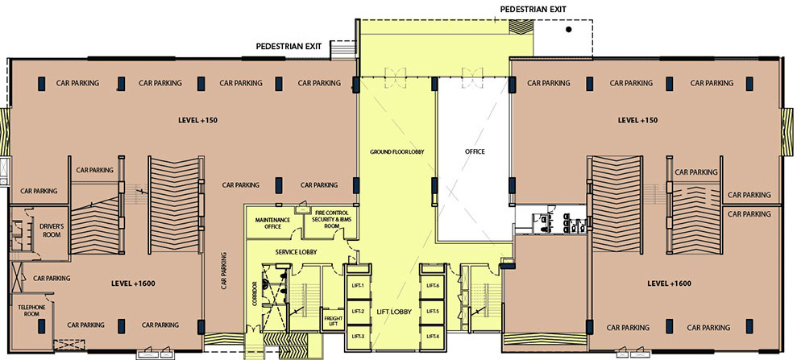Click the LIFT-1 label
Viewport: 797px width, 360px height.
pyautogui.click(x=358, y=285)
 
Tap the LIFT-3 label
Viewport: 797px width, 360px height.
pyautogui.click(x=358, y=336)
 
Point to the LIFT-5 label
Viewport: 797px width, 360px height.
pyautogui.click(x=433, y=311)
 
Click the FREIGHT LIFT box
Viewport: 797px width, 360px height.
pyautogui.click(x=333, y=321)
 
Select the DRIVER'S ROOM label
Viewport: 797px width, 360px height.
pyautogui.click(x=52, y=230)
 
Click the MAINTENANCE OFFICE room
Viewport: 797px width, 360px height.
pyautogui.click(x=274, y=223)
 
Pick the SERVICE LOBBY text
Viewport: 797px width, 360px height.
pyautogui.click(x=297, y=252)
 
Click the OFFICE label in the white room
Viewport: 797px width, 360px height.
pyautogui.click(x=475, y=151)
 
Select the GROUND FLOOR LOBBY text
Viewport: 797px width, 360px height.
pyautogui.click(x=397, y=152)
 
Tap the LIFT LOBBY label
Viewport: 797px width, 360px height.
pyautogui.click(x=394, y=312)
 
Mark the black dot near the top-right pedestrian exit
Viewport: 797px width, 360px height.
pyautogui.click(x=569, y=30)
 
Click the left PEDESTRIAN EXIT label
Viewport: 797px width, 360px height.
pyautogui.click(x=288, y=46)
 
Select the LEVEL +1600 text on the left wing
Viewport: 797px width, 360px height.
pyautogui.click(x=133, y=283)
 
